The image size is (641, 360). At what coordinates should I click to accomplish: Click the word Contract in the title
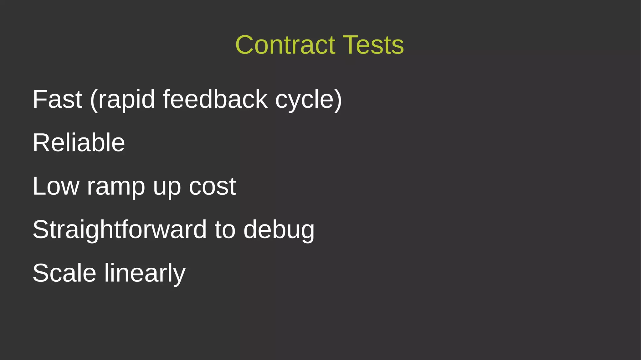coord(285,45)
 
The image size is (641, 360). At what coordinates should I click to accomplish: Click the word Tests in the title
coord(373,45)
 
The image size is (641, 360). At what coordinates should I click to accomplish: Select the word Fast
coord(57,99)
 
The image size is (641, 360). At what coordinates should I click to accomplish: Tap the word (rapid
coord(122,99)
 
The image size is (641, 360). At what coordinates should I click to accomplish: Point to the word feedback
coord(215,99)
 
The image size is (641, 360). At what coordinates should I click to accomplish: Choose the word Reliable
coord(79,143)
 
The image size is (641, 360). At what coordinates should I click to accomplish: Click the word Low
coord(56,186)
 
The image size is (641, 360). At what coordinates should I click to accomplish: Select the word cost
coord(212,187)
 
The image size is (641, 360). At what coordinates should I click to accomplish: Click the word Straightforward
coord(120,230)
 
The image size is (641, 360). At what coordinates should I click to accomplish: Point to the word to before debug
coord(225,230)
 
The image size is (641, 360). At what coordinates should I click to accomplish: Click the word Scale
coord(64,273)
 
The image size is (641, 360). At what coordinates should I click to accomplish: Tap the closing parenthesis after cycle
coord(338,100)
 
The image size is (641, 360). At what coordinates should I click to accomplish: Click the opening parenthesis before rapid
coord(94,100)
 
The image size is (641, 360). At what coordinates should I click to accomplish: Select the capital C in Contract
coord(246,45)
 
